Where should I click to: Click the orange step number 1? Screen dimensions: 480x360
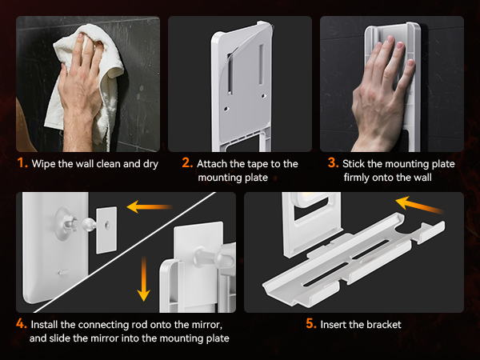point(22,163)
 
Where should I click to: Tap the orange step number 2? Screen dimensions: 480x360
point(187,163)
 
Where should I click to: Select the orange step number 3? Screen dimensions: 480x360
point(333,163)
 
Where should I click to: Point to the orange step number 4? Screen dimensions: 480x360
point(22,323)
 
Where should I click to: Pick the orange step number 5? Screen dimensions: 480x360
point(311,323)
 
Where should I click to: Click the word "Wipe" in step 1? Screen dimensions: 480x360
point(44,164)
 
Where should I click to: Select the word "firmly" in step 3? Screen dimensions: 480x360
point(356,178)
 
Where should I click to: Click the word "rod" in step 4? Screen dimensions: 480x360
point(140,325)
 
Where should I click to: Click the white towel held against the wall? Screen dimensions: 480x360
point(85,82)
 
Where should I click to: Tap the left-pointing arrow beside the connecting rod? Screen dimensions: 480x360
point(150,207)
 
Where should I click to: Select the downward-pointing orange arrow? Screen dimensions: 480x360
point(143,279)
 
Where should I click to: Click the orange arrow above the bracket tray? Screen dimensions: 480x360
point(418,205)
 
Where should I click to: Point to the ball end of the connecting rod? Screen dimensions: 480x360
point(89,224)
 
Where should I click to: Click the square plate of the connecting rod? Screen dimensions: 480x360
point(106,230)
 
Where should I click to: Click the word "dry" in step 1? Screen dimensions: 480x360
point(150,164)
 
